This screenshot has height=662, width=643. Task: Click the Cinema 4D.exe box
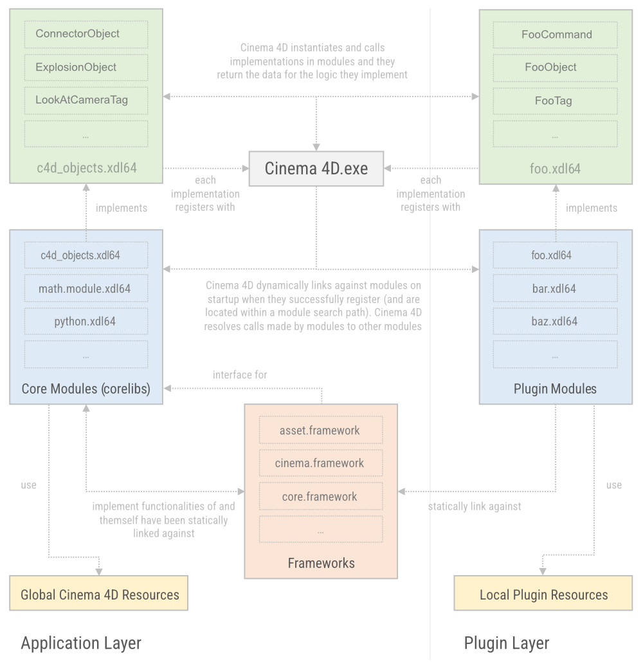pyautogui.click(x=316, y=169)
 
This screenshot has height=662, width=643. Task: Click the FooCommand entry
pyautogui.click(x=556, y=34)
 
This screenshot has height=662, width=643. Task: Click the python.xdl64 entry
pyautogui.click(x=86, y=321)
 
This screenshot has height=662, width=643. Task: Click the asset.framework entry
pyautogui.click(x=320, y=430)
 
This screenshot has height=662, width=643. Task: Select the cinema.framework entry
pyautogui.click(x=320, y=463)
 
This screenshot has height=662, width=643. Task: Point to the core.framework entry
pyautogui.click(x=320, y=497)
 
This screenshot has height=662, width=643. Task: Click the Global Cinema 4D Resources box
pyautogui.click(x=99, y=594)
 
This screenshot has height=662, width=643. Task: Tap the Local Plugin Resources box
pyautogui.click(x=543, y=594)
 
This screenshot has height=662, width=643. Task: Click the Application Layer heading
pyautogui.click(x=81, y=643)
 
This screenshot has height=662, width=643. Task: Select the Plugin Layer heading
pyautogui.click(x=507, y=643)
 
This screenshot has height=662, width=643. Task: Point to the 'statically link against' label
pyautogui.click(x=475, y=506)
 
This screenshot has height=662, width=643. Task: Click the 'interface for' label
pyautogui.click(x=240, y=374)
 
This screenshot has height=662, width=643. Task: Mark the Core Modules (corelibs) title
pyautogui.click(x=86, y=389)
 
